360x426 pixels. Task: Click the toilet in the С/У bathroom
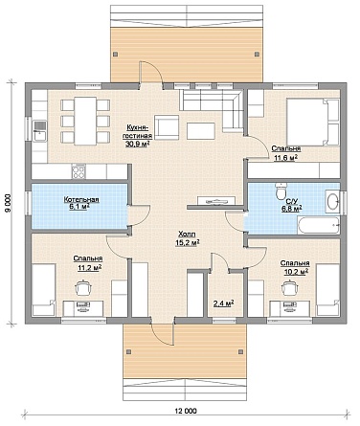coord(281,191)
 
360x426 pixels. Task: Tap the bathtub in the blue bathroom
coord(318,225)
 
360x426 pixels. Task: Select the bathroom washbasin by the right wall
coord(332,201)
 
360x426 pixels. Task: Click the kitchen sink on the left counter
coord(40,131)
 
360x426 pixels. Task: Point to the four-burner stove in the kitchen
coord(79,171)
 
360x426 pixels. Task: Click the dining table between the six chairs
coord(85,121)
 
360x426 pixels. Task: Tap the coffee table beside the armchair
coord(200,131)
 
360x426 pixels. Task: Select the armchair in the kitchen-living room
coord(167,127)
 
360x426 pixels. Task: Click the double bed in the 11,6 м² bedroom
coord(312,122)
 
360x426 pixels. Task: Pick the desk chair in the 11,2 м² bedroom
coord(83,288)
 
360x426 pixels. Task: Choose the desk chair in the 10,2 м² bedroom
coord(290,288)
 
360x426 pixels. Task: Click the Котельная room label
coord(81,200)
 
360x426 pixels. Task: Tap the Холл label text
coord(188,234)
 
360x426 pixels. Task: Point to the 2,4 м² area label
coord(223,303)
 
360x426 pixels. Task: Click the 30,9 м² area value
coord(138,144)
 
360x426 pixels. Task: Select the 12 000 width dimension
coord(186,411)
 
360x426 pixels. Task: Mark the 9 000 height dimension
coord(9,203)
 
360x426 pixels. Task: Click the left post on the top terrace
coord(116,54)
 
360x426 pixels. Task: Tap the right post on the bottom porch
coord(240,351)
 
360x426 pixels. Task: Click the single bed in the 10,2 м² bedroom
coord(327,290)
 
